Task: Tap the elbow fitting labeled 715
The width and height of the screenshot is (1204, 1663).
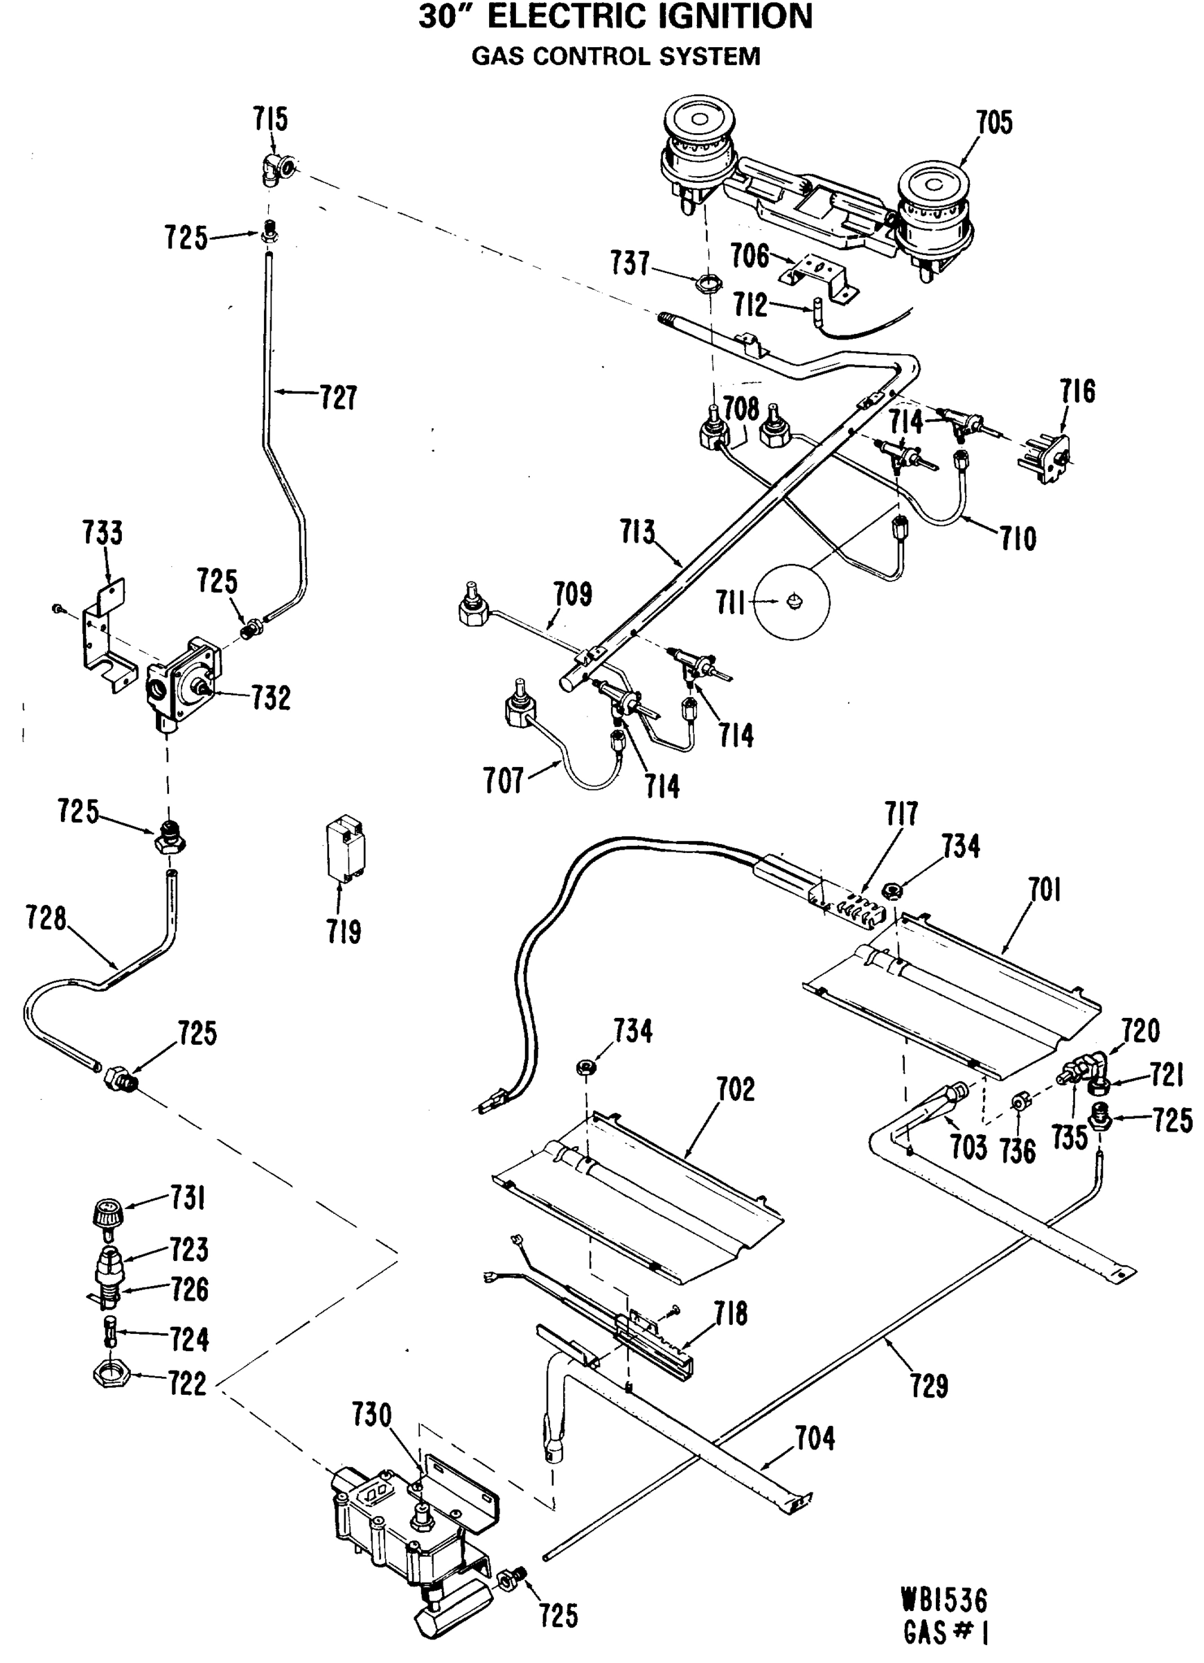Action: pyautogui.click(x=278, y=171)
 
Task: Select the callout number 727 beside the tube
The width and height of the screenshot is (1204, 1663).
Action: pyautogui.click(x=338, y=398)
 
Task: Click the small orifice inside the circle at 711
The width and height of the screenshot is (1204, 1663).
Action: pyautogui.click(x=793, y=601)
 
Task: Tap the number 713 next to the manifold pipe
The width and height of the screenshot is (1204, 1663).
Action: pyautogui.click(x=637, y=532)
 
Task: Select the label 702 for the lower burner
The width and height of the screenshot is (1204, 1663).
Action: pyautogui.click(x=736, y=1089)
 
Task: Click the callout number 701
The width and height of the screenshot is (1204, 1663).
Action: pyautogui.click(x=1044, y=890)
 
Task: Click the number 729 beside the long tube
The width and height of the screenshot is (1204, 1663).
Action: pyautogui.click(x=929, y=1386)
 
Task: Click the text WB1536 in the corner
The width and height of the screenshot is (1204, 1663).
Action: pyautogui.click(x=944, y=1600)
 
